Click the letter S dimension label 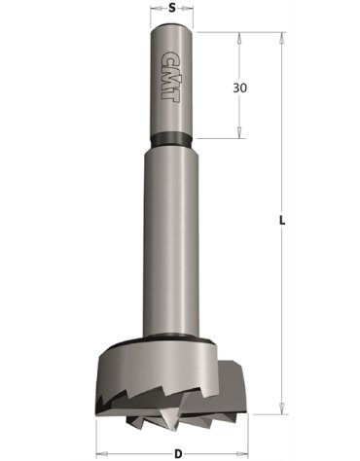pyautogui.click(x=171, y=8)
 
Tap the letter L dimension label pyautogui.click(x=281, y=222)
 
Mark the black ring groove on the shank pyautogui.click(x=172, y=138)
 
